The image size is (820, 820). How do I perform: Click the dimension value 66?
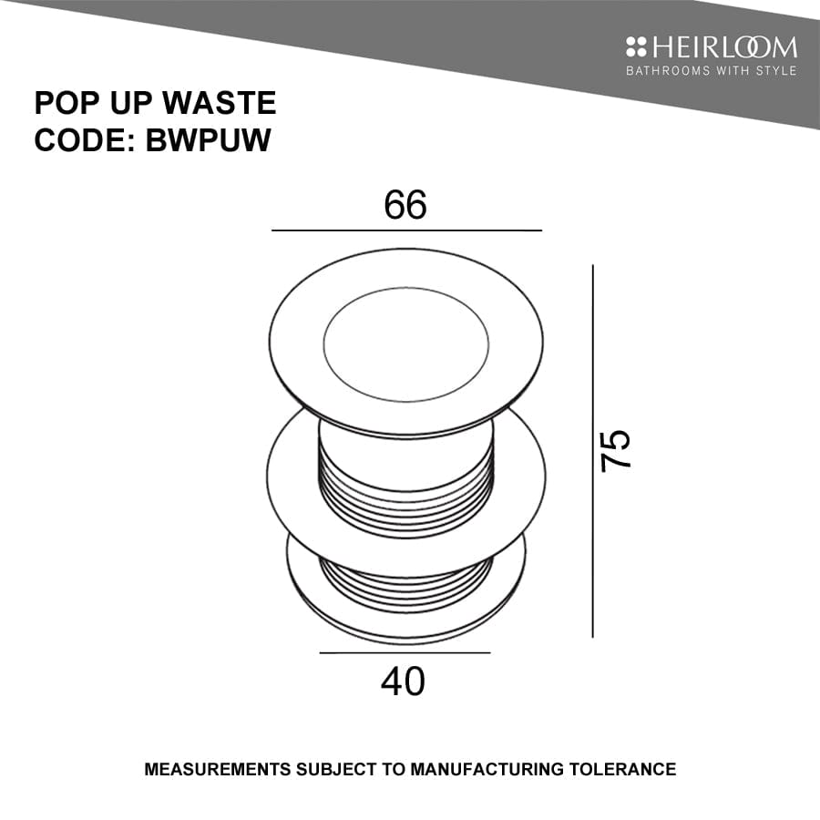click(x=405, y=206)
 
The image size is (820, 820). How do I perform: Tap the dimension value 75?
click(x=617, y=449)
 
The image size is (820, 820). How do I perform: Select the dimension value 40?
click(x=405, y=681)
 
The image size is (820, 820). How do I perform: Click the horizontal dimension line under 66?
click(x=406, y=231)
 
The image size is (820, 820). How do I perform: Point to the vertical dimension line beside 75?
click(x=593, y=451)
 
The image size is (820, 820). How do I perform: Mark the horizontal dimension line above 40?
click(x=405, y=652)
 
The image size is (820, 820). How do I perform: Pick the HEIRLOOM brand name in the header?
click(x=723, y=47)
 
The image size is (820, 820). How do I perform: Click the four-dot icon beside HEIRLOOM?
click(x=636, y=47)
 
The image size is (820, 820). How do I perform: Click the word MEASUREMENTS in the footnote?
click(x=219, y=770)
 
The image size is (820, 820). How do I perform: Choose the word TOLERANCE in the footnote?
click(x=623, y=770)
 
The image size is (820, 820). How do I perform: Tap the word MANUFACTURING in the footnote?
click(x=487, y=770)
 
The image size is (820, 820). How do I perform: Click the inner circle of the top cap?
click(x=405, y=338)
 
